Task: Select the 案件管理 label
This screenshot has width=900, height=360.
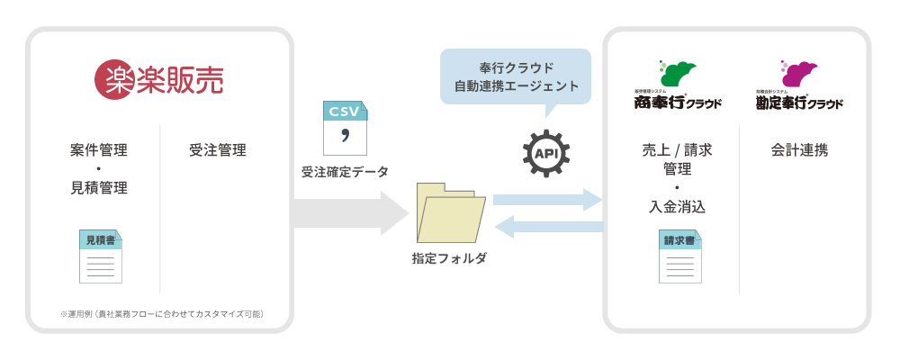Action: tap(98, 149)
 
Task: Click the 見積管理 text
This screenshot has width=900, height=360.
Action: tap(98, 188)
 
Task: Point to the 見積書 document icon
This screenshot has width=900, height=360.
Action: tap(100, 256)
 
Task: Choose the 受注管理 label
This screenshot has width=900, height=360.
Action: tap(217, 149)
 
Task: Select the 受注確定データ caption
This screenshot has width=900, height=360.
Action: tap(345, 172)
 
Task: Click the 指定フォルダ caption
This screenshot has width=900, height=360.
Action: tap(449, 258)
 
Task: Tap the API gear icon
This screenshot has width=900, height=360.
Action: tap(546, 153)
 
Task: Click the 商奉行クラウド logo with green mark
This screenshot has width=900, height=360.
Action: tap(677, 86)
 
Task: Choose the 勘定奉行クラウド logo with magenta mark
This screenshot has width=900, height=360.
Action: tap(799, 86)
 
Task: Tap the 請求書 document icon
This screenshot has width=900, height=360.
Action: tap(679, 256)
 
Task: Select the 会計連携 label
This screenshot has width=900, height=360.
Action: tap(799, 149)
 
